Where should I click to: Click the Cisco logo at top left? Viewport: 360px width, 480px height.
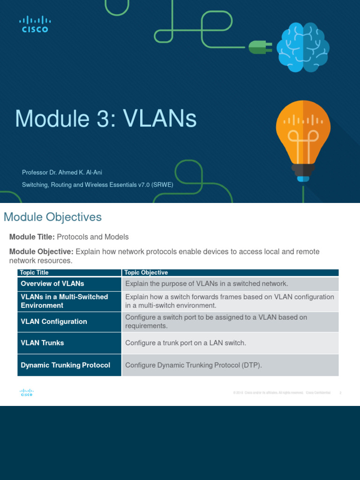[34, 24]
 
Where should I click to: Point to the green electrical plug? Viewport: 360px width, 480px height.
[259, 46]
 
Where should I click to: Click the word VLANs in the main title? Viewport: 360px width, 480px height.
[160, 119]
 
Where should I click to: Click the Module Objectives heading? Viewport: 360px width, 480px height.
[52, 217]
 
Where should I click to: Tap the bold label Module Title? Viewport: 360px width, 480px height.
[32, 237]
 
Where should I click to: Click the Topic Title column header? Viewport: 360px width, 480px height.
[35, 272]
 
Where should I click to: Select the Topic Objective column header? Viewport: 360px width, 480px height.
[146, 272]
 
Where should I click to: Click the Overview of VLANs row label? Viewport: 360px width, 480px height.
[52, 284]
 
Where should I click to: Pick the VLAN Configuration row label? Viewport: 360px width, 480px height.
[54, 322]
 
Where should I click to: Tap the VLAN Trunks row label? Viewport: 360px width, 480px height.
[42, 343]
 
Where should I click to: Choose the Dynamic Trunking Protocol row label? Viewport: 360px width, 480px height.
[66, 365]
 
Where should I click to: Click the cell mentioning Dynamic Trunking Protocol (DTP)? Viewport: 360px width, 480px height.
[193, 365]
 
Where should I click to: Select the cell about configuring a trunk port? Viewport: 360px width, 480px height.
[186, 343]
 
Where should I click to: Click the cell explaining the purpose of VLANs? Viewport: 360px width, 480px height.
[206, 284]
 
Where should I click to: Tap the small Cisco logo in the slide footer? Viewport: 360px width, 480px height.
[26, 393]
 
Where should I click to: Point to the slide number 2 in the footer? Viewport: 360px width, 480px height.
[340, 393]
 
